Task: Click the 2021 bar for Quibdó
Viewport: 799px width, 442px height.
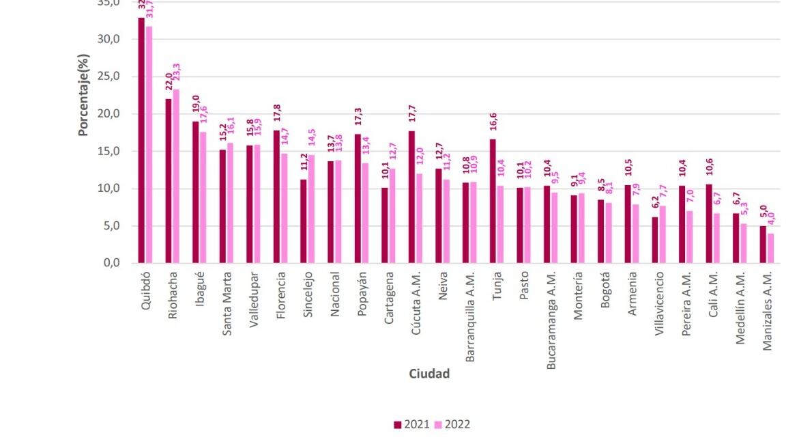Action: [x=141, y=140]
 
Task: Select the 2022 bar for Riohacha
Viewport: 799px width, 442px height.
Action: [x=175, y=176]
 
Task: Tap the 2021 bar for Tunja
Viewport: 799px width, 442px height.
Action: [x=493, y=201]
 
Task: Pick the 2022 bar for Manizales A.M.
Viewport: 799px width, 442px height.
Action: [x=770, y=248]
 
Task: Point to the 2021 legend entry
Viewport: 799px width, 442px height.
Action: [x=412, y=424]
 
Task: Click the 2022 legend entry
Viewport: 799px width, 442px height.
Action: [x=452, y=424]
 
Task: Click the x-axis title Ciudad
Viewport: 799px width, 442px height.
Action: [x=429, y=374]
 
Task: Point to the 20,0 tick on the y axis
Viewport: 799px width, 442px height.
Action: [x=109, y=113]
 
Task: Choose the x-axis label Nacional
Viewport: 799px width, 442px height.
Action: [x=334, y=294]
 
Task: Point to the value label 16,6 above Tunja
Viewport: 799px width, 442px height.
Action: [x=493, y=122]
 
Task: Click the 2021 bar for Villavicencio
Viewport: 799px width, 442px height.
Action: [x=655, y=240]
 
